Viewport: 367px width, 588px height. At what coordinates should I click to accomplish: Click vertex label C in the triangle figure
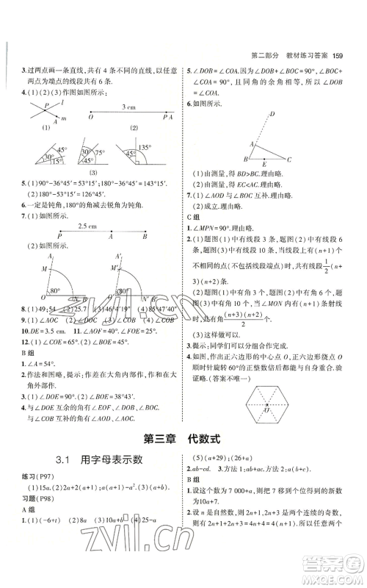click(x=290, y=159)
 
